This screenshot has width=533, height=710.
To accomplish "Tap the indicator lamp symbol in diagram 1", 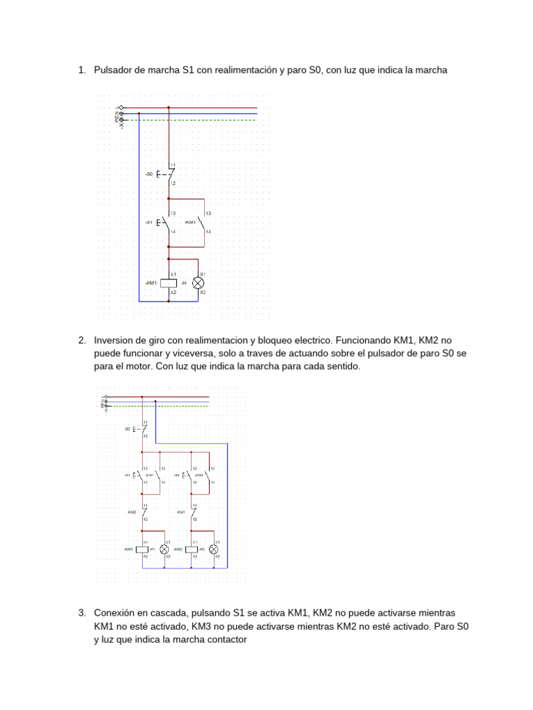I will pos(198,283).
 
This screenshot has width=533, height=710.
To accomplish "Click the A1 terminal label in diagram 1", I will pos(174,275).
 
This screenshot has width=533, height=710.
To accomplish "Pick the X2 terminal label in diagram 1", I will pos(203,293).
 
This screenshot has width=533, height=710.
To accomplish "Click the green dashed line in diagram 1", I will pos(194,120).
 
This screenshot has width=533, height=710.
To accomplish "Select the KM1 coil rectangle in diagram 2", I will pos(142,548).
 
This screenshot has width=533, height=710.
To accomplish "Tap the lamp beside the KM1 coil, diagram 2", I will pos(164,548).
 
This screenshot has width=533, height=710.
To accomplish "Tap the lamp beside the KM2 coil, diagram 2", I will pos(215,548).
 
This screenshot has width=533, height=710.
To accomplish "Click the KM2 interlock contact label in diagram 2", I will pos(132,512).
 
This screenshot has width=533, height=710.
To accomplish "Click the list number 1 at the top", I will pos(81,70).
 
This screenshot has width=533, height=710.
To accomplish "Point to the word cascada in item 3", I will pos(168,613).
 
